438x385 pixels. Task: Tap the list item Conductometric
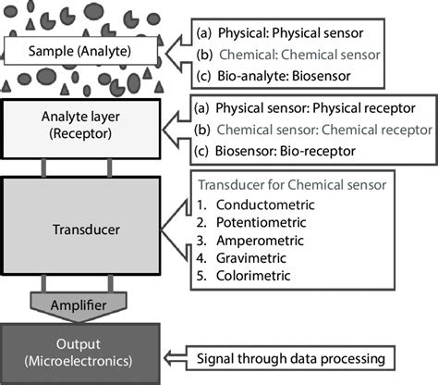coord(266,204)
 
